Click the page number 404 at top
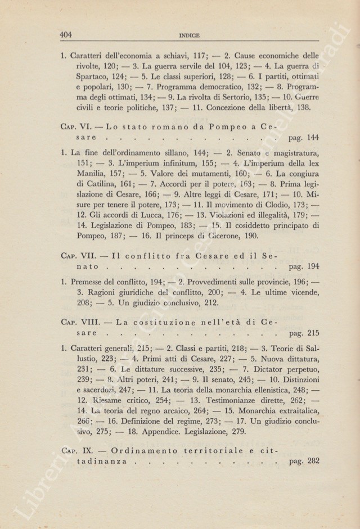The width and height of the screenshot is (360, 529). (67, 34)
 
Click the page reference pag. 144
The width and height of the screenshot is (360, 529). (303, 137)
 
